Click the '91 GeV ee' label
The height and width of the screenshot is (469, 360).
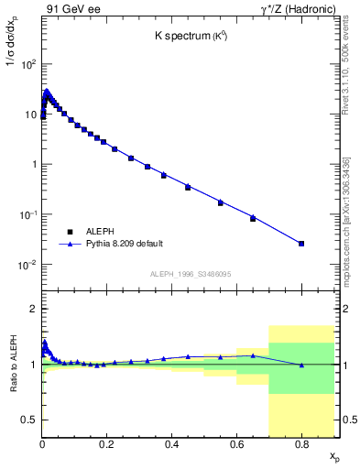click(70, 11)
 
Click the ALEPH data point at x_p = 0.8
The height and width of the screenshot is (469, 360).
click(301, 244)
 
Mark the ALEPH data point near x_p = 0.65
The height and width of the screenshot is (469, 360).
click(253, 219)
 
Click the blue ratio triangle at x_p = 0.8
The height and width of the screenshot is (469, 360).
click(301, 365)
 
